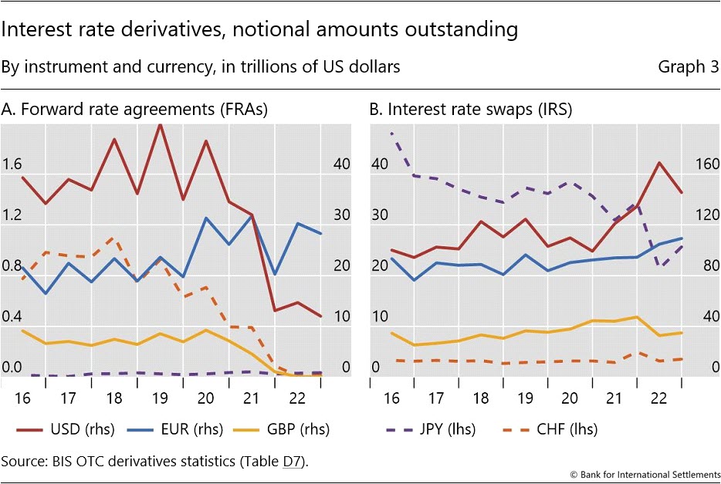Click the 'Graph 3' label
(x=688, y=67)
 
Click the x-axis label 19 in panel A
(x=161, y=399)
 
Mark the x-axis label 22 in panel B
(x=660, y=399)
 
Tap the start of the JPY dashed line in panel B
(x=392, y=134)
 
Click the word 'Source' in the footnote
(x=22, y=462)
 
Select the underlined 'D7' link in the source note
(x=293, y=462)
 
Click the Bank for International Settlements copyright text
(x=645, y=472)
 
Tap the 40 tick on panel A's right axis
(x=341, y=164)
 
